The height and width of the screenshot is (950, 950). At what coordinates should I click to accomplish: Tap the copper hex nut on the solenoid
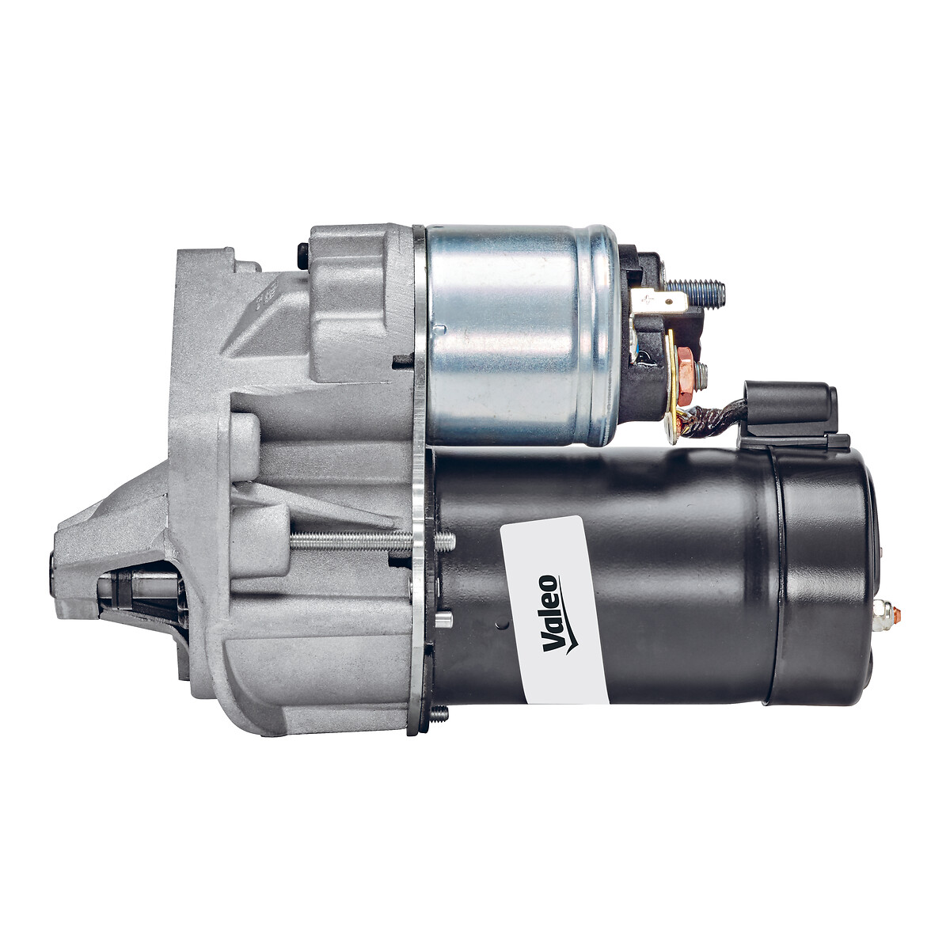685,372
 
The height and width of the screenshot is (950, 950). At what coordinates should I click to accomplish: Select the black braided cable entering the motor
715,420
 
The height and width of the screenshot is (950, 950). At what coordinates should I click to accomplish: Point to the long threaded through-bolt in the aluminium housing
373,542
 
